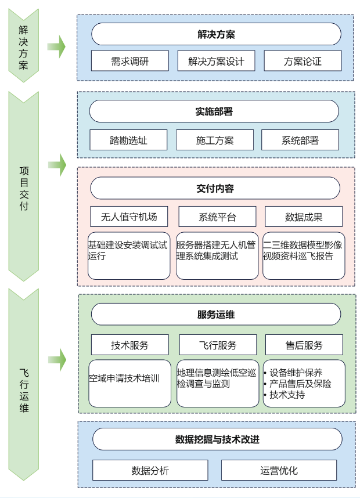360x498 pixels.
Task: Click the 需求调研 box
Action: pyautogui.click(x=129, y=61)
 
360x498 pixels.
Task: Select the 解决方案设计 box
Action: pyautogui.click(x=216, y=61)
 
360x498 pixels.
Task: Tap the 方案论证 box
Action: pyautogui.click(x=303, y=61)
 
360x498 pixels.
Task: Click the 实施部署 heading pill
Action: pyautogui.click(x=214, y=111)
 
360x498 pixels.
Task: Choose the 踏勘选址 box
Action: pyautogui.click(x=128, y=140)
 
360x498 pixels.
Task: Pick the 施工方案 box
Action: pyautogui.click(x=215, y=140)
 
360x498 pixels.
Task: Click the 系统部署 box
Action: pyautogui.click(x=300, y=140)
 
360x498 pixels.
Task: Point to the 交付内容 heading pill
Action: pyautogui.click(x=215, y=189)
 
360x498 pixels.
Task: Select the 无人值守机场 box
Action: pyautogui.click(x=129, y=217)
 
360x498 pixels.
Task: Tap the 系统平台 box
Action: pyautogui.click(x=217, y=217)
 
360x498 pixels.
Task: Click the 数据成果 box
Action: pyautogui.click(x=304, y=217)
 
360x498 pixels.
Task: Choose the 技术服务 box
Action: pyautogui.click(x=129, y=345)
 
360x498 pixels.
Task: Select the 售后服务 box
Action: pyautogui.click(x=304, y=345)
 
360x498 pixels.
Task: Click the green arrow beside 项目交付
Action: pyautogui.click(x=57, y=165)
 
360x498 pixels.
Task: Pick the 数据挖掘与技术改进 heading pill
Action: pyautogui.click(x=217, y=439)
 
